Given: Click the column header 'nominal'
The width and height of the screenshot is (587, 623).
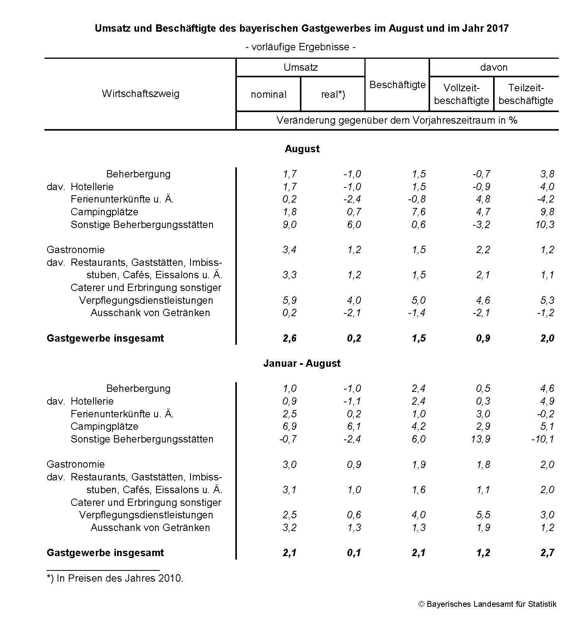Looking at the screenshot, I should tap(269, 94).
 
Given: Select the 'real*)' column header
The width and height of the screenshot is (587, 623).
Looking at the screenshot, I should tap(333, 94).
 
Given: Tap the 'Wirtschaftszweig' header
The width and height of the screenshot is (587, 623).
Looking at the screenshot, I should tap(141, 94).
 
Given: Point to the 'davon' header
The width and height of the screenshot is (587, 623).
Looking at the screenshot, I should tap(493, 67).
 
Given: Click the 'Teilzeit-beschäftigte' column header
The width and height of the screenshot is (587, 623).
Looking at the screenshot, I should tap(526, 94).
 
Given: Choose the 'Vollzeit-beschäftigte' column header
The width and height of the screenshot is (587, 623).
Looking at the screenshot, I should tap(461, 94).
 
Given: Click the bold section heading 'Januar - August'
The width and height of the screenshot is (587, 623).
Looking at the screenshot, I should tap(302, 363).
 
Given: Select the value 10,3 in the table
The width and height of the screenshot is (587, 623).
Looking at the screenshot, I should tap(545, 225).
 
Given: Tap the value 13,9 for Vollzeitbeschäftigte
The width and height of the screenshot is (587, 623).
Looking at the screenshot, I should tap(480, 439).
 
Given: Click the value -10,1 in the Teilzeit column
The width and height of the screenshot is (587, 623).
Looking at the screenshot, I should tap(543, 439).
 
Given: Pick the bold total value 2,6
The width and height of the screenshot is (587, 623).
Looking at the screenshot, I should tap(289, 338).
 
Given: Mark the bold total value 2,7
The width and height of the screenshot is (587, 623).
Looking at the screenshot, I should tap(547, 553).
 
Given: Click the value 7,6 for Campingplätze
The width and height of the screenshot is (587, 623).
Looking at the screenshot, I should tap(419, 212).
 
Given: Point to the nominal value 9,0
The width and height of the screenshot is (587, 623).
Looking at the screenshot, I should tap(289, 225).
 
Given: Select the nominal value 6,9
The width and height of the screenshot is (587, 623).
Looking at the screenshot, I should tap(289, 426).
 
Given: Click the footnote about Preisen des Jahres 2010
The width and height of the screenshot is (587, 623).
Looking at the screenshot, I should tap(115, 578).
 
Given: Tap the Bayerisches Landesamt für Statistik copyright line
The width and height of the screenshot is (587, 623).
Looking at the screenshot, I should tap(487, 604).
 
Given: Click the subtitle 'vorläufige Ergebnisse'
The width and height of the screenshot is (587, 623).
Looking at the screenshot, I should tap(300, 47).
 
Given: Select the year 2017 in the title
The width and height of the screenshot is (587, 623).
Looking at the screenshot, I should tap(498, 28).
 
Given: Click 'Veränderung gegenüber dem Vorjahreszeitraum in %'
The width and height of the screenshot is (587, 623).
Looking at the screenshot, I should tap(397, 120).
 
